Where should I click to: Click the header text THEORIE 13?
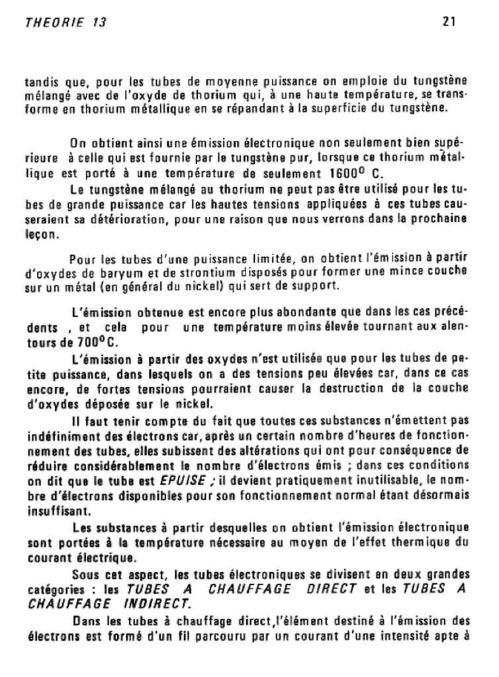pos(65,22)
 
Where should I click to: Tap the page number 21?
pos(449,20)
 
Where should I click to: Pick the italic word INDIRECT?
pos(156,603)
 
